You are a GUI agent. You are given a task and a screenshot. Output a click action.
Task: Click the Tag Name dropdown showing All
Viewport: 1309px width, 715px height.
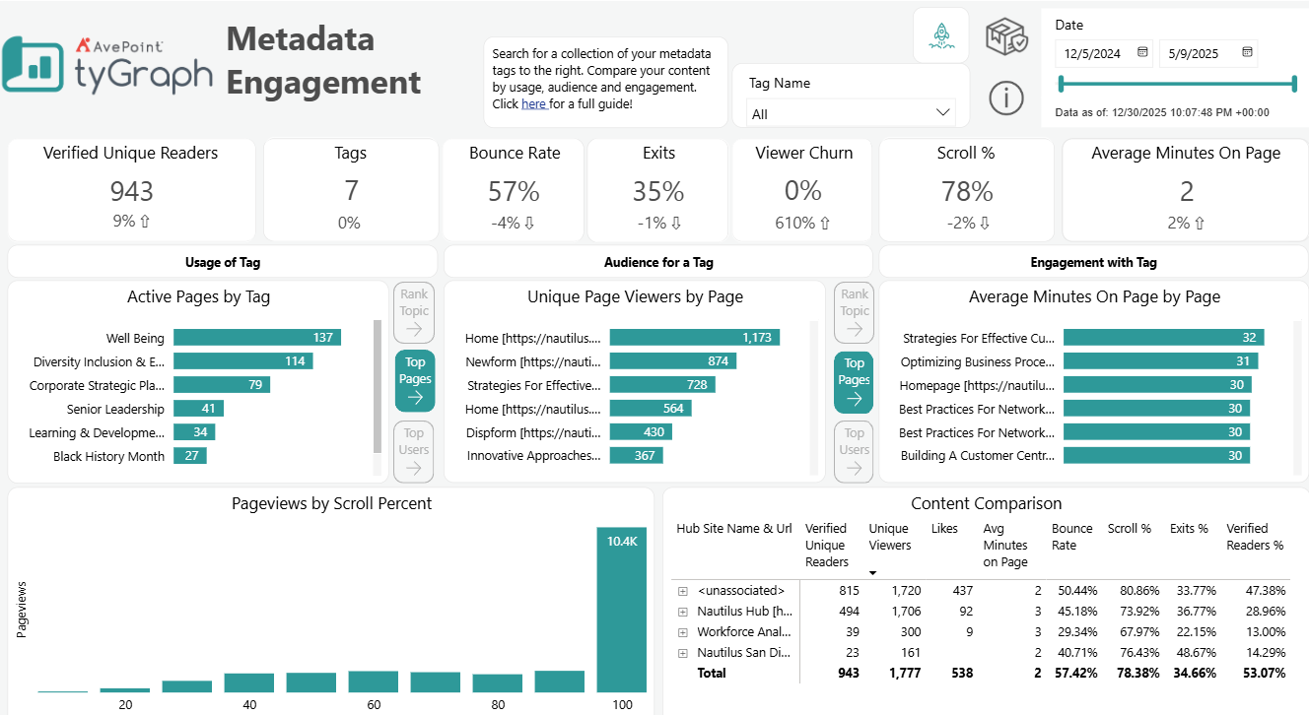coord(850,113)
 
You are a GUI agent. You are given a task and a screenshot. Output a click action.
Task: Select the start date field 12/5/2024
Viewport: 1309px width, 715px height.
coord(1102,53)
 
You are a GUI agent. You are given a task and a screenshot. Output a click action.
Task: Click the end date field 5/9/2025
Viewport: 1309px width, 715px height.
coord(1207,53)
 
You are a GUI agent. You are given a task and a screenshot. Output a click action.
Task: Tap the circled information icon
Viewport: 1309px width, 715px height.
coord(1005,97)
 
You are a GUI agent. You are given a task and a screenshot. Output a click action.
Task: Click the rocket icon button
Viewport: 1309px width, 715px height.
coord(940,35)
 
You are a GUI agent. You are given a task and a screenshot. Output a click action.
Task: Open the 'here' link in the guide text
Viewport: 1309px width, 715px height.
coord(533,104)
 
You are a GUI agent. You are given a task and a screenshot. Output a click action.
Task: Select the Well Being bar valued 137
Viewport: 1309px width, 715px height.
coord(256,338)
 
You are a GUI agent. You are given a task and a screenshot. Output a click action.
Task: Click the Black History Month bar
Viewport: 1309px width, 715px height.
coord(189,456)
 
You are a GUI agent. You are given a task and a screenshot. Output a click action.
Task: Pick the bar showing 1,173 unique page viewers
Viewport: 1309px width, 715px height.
coord(694,338)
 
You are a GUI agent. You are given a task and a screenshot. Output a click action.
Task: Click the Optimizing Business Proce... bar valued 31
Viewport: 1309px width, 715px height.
coord(1159,361)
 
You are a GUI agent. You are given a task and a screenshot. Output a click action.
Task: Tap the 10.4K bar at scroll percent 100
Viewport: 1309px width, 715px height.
coord(621,611)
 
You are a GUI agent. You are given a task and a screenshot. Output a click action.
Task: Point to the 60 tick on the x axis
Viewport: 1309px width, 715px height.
coord(373,705)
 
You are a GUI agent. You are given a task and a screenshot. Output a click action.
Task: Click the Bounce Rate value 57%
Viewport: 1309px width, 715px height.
coord(514,190)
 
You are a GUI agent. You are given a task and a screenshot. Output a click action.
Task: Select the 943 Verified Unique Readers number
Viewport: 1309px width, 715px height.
coord(131,190)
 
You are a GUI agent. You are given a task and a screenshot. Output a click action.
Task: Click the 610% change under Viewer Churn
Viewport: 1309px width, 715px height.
coord(802,223)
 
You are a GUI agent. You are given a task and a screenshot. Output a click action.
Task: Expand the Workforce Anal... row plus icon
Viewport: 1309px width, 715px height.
coord(682,632)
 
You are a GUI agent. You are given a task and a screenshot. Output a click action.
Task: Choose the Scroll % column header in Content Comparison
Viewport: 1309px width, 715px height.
coord(1129,529)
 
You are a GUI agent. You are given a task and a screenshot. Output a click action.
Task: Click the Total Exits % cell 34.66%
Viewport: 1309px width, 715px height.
coord(1192,674)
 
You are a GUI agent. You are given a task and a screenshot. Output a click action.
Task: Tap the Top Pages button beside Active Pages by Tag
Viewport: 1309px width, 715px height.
coord(415,380)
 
